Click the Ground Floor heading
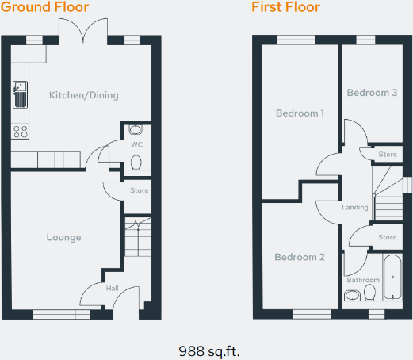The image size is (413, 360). pyautogui.click(x=45, y=8)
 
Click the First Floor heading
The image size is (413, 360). pyautogui.click(x=285, y=8)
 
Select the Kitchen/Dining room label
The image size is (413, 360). pyautogui.click(x=83, y=96)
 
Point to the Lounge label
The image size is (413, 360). pyautogui.click(x=63, y=237)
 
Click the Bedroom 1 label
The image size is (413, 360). pyautogui.click(x=300, y=113)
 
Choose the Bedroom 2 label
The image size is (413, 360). pyautogui.click(x=300, y=257)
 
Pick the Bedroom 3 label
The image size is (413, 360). pyautogui.click(x=372, y=93)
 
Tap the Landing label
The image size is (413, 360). pyautogui.click(x=354, y=208)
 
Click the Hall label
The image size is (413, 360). pyautogui.click(x=112, y=288)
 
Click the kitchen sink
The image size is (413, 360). pyautogui.click(x=20, y=96)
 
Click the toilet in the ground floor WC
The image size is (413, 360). pyautogui.click(x=136, y=163)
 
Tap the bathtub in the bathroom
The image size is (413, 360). pyautogui.click(x=392, y=278)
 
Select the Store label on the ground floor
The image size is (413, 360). pyautogui.click(x=140, y=190)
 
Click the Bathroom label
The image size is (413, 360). pyautogui.click(x=362, y=280)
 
